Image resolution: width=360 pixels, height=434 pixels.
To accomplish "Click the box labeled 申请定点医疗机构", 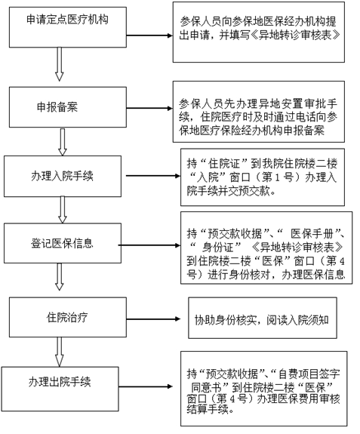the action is (x=68, y=27).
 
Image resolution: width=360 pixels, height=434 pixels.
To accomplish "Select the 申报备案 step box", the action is (x=68, y=107).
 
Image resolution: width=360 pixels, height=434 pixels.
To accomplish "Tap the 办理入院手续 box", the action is (x=63, y=176).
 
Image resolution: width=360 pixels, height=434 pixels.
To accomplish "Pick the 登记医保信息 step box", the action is (x=63, y=243).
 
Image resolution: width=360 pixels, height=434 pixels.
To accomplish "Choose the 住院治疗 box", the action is (x=68, y=317).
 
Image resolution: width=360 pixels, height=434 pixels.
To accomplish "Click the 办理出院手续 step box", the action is (x=60, y=389).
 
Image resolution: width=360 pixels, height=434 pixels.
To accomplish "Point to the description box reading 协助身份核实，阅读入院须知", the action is (x=263, y=318).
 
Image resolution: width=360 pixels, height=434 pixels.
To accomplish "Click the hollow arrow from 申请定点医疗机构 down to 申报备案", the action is (x=59, y=64).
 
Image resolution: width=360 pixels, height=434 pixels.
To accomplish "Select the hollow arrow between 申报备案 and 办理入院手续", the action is (x=63, y=142).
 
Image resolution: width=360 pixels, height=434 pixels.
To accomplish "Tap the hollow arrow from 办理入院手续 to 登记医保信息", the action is (x=63, y=210).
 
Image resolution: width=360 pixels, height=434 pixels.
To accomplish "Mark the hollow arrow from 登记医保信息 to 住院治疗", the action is (x=59, y=277).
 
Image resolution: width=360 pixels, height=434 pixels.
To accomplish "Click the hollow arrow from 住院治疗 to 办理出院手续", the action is (x=59, y=352).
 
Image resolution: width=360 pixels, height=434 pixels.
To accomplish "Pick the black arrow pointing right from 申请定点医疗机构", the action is (x=149, y=35).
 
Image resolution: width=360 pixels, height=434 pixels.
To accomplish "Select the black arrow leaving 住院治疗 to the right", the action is (x=153, y=319).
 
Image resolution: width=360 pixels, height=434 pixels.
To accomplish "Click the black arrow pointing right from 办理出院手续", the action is (x=146, y=386).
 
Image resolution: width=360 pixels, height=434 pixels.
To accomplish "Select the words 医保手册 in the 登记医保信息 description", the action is (x=315, y=234).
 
